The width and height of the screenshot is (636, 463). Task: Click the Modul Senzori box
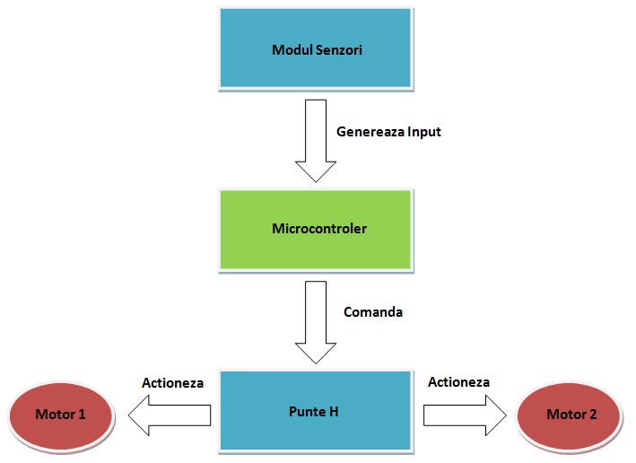(316, 48)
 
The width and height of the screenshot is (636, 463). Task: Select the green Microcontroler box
(316, 229)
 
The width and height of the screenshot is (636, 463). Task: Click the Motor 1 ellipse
(61, 415)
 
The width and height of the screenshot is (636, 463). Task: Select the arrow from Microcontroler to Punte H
(315, 321)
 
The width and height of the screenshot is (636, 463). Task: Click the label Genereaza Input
(388, 132)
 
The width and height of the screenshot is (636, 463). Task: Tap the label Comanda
(373, 312)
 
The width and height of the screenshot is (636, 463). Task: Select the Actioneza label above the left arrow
(172, 382)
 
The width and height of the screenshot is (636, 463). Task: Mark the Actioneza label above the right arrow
(458, 382)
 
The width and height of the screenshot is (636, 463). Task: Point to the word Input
(423, 132)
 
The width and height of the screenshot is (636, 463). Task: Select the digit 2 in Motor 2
(593, 415)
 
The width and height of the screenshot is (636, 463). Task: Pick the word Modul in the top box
(290, 49)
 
